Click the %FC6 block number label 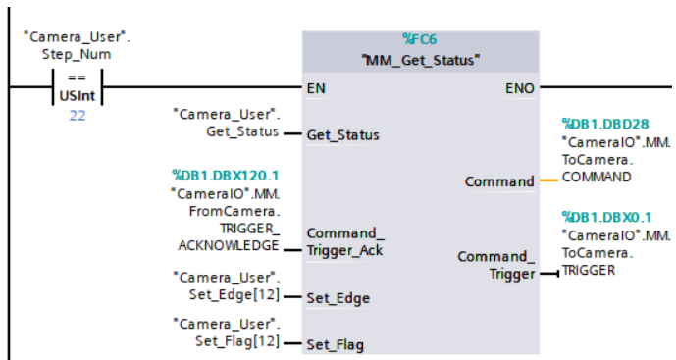(x=422, y=39)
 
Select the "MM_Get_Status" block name (x=422, y=60)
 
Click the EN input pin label (x=316, y=88)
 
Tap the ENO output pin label (x=520, y=88)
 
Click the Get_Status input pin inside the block (x=342, y=134)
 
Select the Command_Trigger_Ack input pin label (x=342, y=241)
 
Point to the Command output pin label (x=499, y=181)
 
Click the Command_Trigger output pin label (x=496, y=265)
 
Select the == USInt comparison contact (x=77, y=87)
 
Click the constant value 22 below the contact (x=77, y=116)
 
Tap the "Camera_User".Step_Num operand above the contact (x=77, y=45)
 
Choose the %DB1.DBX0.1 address (x=601, y=216)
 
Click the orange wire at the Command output (x=549, y=181)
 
